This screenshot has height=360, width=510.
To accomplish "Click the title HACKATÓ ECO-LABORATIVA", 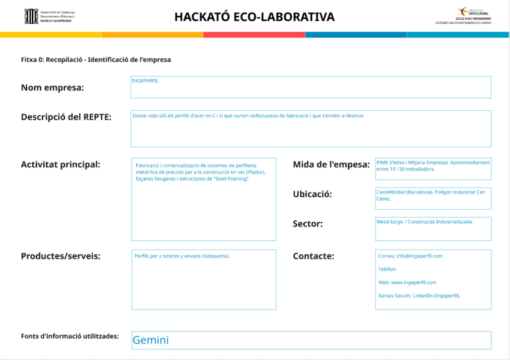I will click(x=254, y=17).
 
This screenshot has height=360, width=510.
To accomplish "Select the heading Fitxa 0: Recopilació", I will click(x=96, y=60).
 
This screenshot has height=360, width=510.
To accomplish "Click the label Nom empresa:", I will click(x=52, y=88).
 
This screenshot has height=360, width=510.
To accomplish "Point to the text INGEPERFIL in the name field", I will click(x=145, y=81).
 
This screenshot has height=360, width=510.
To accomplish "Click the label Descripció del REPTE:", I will click(x=66, y=117).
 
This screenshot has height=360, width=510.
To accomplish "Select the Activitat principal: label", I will click(x=60, y=164).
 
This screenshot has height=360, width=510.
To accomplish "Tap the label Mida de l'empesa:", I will click(x=331, y=164).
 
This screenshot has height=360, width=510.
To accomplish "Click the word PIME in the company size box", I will click(x=382, y=162).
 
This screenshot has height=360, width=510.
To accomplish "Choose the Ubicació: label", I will click(x=312, y=194).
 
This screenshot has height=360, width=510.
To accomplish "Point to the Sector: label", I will click(x=307, y=224).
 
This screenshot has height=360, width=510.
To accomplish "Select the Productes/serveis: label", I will click(x=60, y=256).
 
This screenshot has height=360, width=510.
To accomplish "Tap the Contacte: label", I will click(x=313, y=256).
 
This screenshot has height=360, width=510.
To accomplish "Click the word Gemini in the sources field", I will click(x=151, y=340).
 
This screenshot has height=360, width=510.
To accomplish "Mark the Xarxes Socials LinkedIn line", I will click(x=419, y=296).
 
